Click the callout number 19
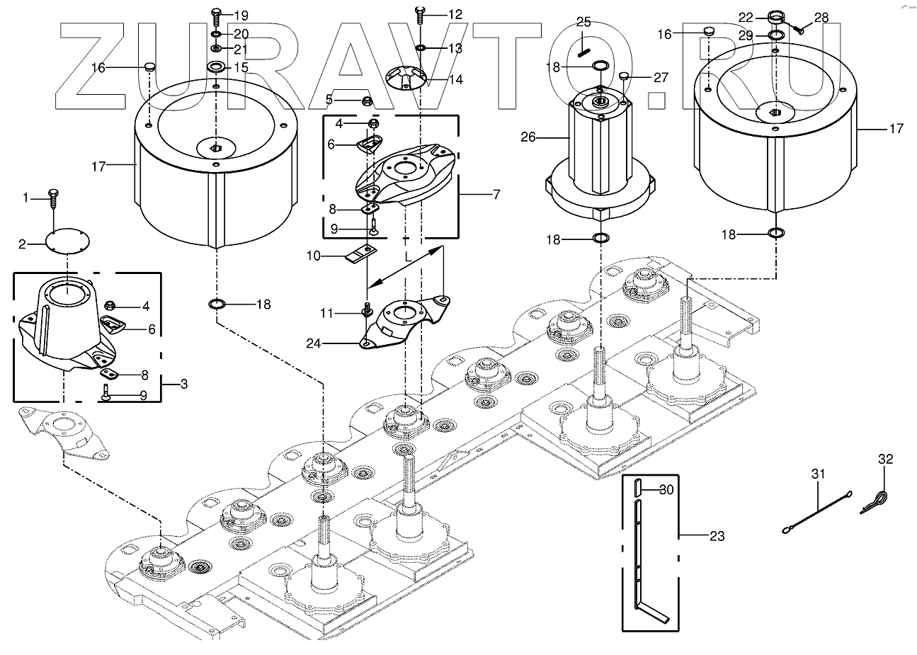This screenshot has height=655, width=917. pyautogui.click(x=241, y=16)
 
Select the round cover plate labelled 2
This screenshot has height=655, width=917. pyautogui.click(x=67, y=242)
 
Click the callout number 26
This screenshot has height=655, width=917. pyautogui.click(x=528, y=137)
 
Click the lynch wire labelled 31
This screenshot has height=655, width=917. pyautogui.click(x=817, y=512)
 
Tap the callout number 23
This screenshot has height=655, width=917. pyautogui.click(x=717, y=536)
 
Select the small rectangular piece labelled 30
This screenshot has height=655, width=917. pyautogui.click(x=638, y=488)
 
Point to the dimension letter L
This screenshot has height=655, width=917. pyautogui.click(x=408, y=257)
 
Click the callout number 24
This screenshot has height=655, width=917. pyautogui.click(x=314, y=343)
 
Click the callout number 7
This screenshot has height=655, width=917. pyautogui.click(x=496, y=194)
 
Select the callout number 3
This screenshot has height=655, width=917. pyautogui.click(x=184, y=384)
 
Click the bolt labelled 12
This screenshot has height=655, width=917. pyautogui.click(x=420, y=15)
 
